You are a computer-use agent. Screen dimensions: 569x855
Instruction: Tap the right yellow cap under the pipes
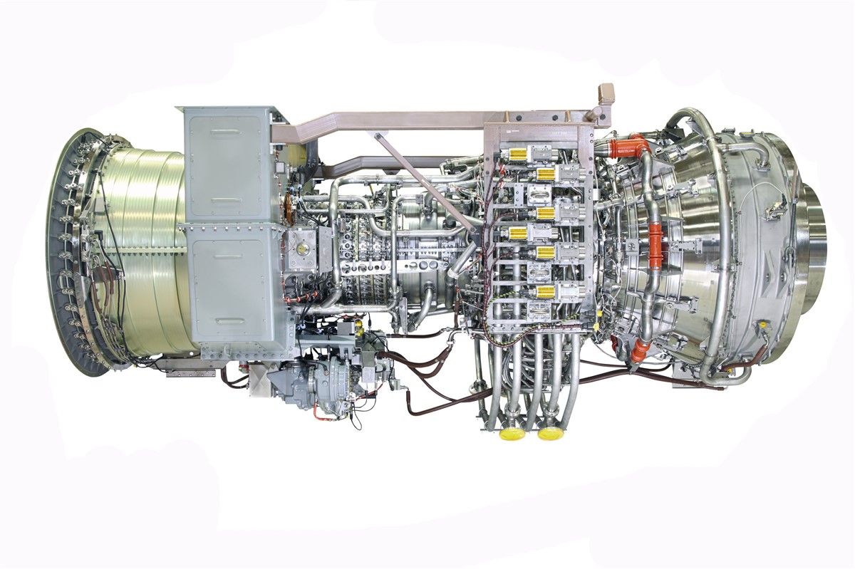549,432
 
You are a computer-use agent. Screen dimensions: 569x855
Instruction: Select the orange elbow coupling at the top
630,147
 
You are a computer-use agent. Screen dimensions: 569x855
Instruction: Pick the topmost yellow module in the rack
517,154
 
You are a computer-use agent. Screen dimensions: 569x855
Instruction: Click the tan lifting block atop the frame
606,94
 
